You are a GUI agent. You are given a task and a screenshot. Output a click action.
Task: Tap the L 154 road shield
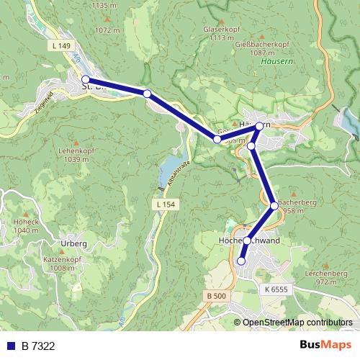click(x=165, y=205)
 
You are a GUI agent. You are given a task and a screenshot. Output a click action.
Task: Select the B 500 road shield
click(x=215, y=296)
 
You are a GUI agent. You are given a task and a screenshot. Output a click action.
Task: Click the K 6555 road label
click(x=276, y=288)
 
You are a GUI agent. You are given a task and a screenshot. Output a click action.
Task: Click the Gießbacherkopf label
click(x=258, y=42)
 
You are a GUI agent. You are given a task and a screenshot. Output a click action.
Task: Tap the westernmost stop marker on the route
click(x=86, y=79)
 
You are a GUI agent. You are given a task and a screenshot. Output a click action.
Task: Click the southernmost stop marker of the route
click(x=241, y=261)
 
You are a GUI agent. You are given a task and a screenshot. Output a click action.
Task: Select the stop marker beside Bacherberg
click(x=274, y=206)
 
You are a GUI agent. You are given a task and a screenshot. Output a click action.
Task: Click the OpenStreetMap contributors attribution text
click(x=297, y=323)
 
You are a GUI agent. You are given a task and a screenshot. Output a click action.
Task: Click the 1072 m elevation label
click(x=106, y=30)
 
